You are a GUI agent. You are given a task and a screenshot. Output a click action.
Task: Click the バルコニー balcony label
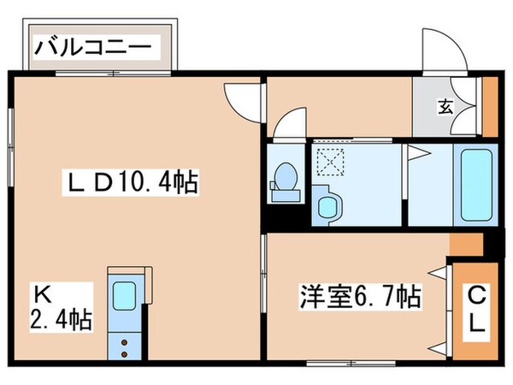[x=93, y=48]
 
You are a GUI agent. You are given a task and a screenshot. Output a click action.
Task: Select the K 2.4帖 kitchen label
[x=61, y=308]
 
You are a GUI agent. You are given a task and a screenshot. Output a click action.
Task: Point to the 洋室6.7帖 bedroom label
[x=361, y=297]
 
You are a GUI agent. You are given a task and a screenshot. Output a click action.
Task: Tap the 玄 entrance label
[x=445, y=107]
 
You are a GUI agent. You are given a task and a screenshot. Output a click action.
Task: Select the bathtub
[x=476, y=185]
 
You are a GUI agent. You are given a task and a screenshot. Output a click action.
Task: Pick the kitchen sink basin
[x=124, y=296]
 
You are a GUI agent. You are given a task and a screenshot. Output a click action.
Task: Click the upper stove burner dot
[x=124, y=342]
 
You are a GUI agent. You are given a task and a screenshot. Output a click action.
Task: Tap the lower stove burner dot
[x=124, y=354]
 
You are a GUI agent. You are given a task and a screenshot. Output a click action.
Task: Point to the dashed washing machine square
[x=331, y=161]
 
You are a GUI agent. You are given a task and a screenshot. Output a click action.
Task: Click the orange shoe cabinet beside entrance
[x=491, y=107]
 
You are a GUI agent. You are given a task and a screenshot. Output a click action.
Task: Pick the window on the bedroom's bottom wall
[x=351, y=363]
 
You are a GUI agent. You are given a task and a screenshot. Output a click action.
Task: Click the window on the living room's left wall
[x=11, y=148]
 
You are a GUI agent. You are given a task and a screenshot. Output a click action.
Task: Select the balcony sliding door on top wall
[x=113, y=74]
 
